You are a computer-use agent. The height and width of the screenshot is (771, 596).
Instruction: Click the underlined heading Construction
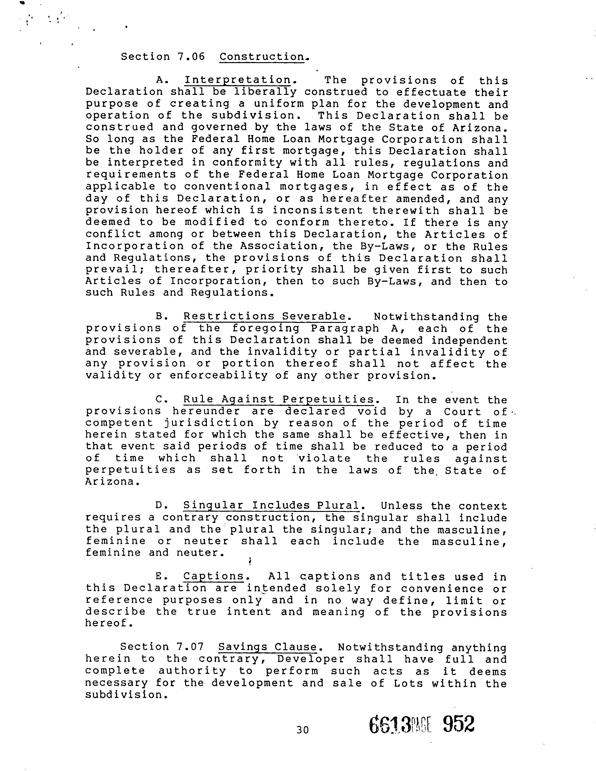click(x=262, y=57)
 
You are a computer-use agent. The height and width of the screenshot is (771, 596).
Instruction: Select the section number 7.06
click(x=191, y=57)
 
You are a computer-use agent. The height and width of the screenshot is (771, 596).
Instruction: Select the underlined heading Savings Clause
click(x=268, y=647)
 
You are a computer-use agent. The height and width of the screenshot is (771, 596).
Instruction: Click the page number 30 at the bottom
click(x=303, y=730)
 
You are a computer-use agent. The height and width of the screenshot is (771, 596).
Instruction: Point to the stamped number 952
click(x=458, y=725)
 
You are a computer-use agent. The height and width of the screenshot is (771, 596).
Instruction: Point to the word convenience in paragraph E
click(x=443, y=589)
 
